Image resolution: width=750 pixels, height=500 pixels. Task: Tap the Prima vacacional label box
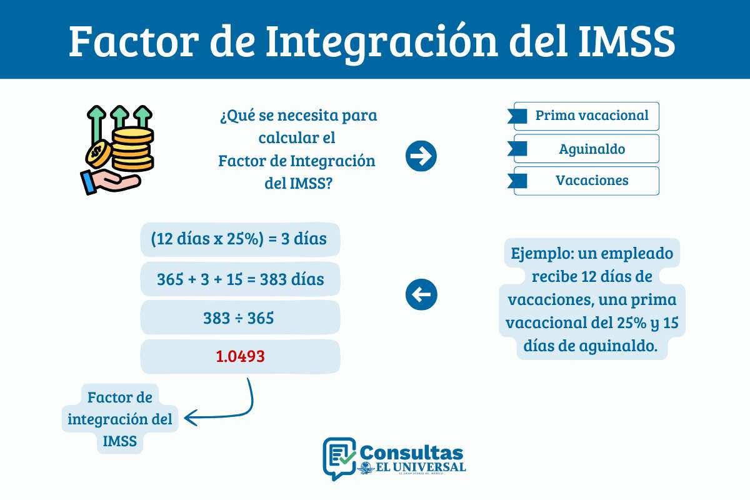586,116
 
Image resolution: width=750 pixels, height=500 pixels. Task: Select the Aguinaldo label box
586,149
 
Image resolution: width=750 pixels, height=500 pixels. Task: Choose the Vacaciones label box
586,181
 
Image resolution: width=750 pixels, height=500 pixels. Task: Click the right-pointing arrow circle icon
421,156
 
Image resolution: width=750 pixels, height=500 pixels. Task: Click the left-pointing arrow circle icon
421,294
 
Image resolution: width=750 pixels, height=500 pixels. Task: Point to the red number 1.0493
241,357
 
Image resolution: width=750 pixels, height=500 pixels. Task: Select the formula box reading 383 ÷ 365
241,318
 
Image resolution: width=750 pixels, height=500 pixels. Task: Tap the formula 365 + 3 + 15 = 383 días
241,279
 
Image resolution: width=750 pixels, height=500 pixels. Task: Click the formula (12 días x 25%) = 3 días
241,239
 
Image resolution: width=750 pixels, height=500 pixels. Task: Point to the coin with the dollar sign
98,152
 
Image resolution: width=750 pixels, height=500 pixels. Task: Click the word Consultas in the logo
412,453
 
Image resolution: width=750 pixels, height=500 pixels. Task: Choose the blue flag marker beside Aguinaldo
518,149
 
